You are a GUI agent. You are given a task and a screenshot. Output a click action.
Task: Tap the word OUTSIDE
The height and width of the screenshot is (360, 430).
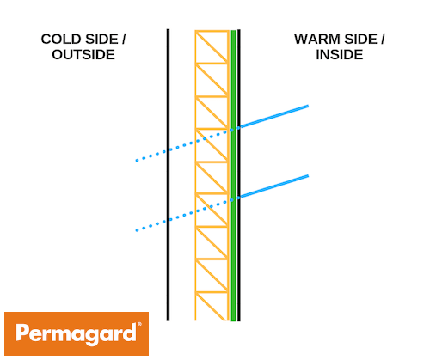click(83, 54)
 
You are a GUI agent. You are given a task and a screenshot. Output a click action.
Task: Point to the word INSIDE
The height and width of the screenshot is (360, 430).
click(340, 54)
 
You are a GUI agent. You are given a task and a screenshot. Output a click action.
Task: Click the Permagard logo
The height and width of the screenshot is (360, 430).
click(77, 333)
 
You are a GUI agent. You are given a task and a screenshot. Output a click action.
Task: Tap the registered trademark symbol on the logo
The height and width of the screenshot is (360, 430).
click(139, 325)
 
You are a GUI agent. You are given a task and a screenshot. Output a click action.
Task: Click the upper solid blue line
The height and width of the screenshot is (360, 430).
click(274, 116)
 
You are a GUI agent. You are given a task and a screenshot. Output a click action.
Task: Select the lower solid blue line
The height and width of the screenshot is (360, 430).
click(274, 186)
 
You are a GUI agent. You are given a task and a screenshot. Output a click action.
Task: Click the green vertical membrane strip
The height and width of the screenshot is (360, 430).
click(234, 175)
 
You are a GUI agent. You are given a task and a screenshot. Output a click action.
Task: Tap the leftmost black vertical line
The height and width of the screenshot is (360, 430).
click(168, 174)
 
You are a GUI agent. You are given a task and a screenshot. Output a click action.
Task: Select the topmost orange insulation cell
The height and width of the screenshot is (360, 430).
click(212, 46)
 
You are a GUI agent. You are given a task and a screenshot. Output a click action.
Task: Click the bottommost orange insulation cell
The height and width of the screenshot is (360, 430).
click(212, 306)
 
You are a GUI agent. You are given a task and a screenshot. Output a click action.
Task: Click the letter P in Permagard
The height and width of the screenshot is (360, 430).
click(22, 333)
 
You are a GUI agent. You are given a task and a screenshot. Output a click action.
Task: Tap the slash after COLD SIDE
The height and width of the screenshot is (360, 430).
click(124, 40)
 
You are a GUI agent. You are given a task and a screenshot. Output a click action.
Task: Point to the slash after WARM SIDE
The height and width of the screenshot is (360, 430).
click(383, 40)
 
